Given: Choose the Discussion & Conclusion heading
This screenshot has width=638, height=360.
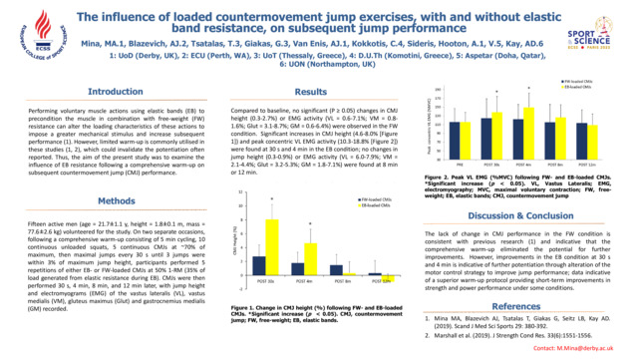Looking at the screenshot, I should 526,214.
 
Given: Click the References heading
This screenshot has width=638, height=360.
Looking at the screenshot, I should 526,305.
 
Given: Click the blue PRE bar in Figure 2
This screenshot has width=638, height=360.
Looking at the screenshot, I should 456,136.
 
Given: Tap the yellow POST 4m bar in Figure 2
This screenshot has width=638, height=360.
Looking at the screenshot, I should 528,129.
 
